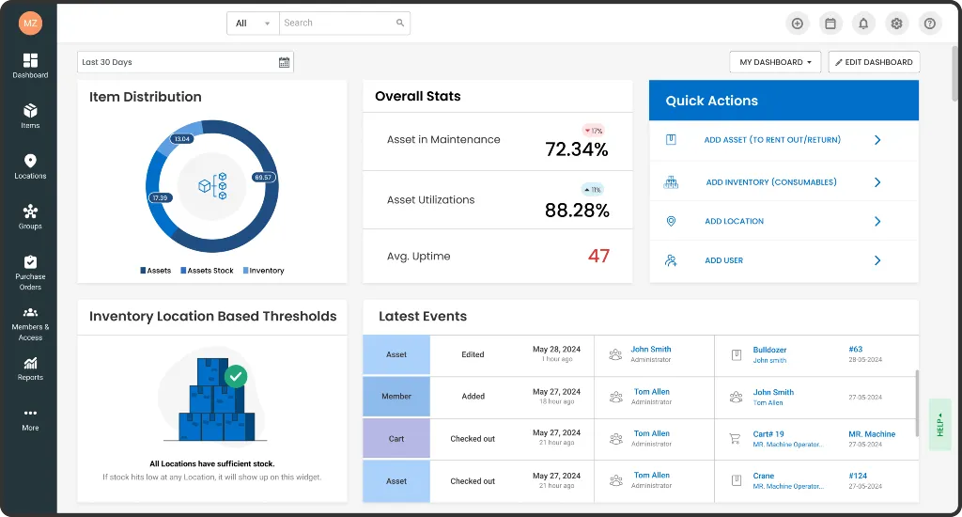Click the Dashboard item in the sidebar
click(30, 65)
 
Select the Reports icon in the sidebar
click(30, 368)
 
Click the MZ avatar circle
click(30, 23)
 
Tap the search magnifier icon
click(400, 23)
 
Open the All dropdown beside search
click(253, 23)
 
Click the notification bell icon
click(863, 23)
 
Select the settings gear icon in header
click(896, 23)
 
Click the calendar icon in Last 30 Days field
click(284, 62)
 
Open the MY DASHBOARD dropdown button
click(775, 62)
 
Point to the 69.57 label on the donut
click(263, 177)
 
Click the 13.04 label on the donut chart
click(182, 139)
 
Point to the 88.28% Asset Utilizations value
click(577, 210)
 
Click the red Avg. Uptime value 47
click(598, 256)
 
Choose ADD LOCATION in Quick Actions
click(734, 222)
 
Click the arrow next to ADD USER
click(877, 260)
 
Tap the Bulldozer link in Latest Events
click(769, 350)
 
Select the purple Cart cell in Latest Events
click(396, 439)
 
